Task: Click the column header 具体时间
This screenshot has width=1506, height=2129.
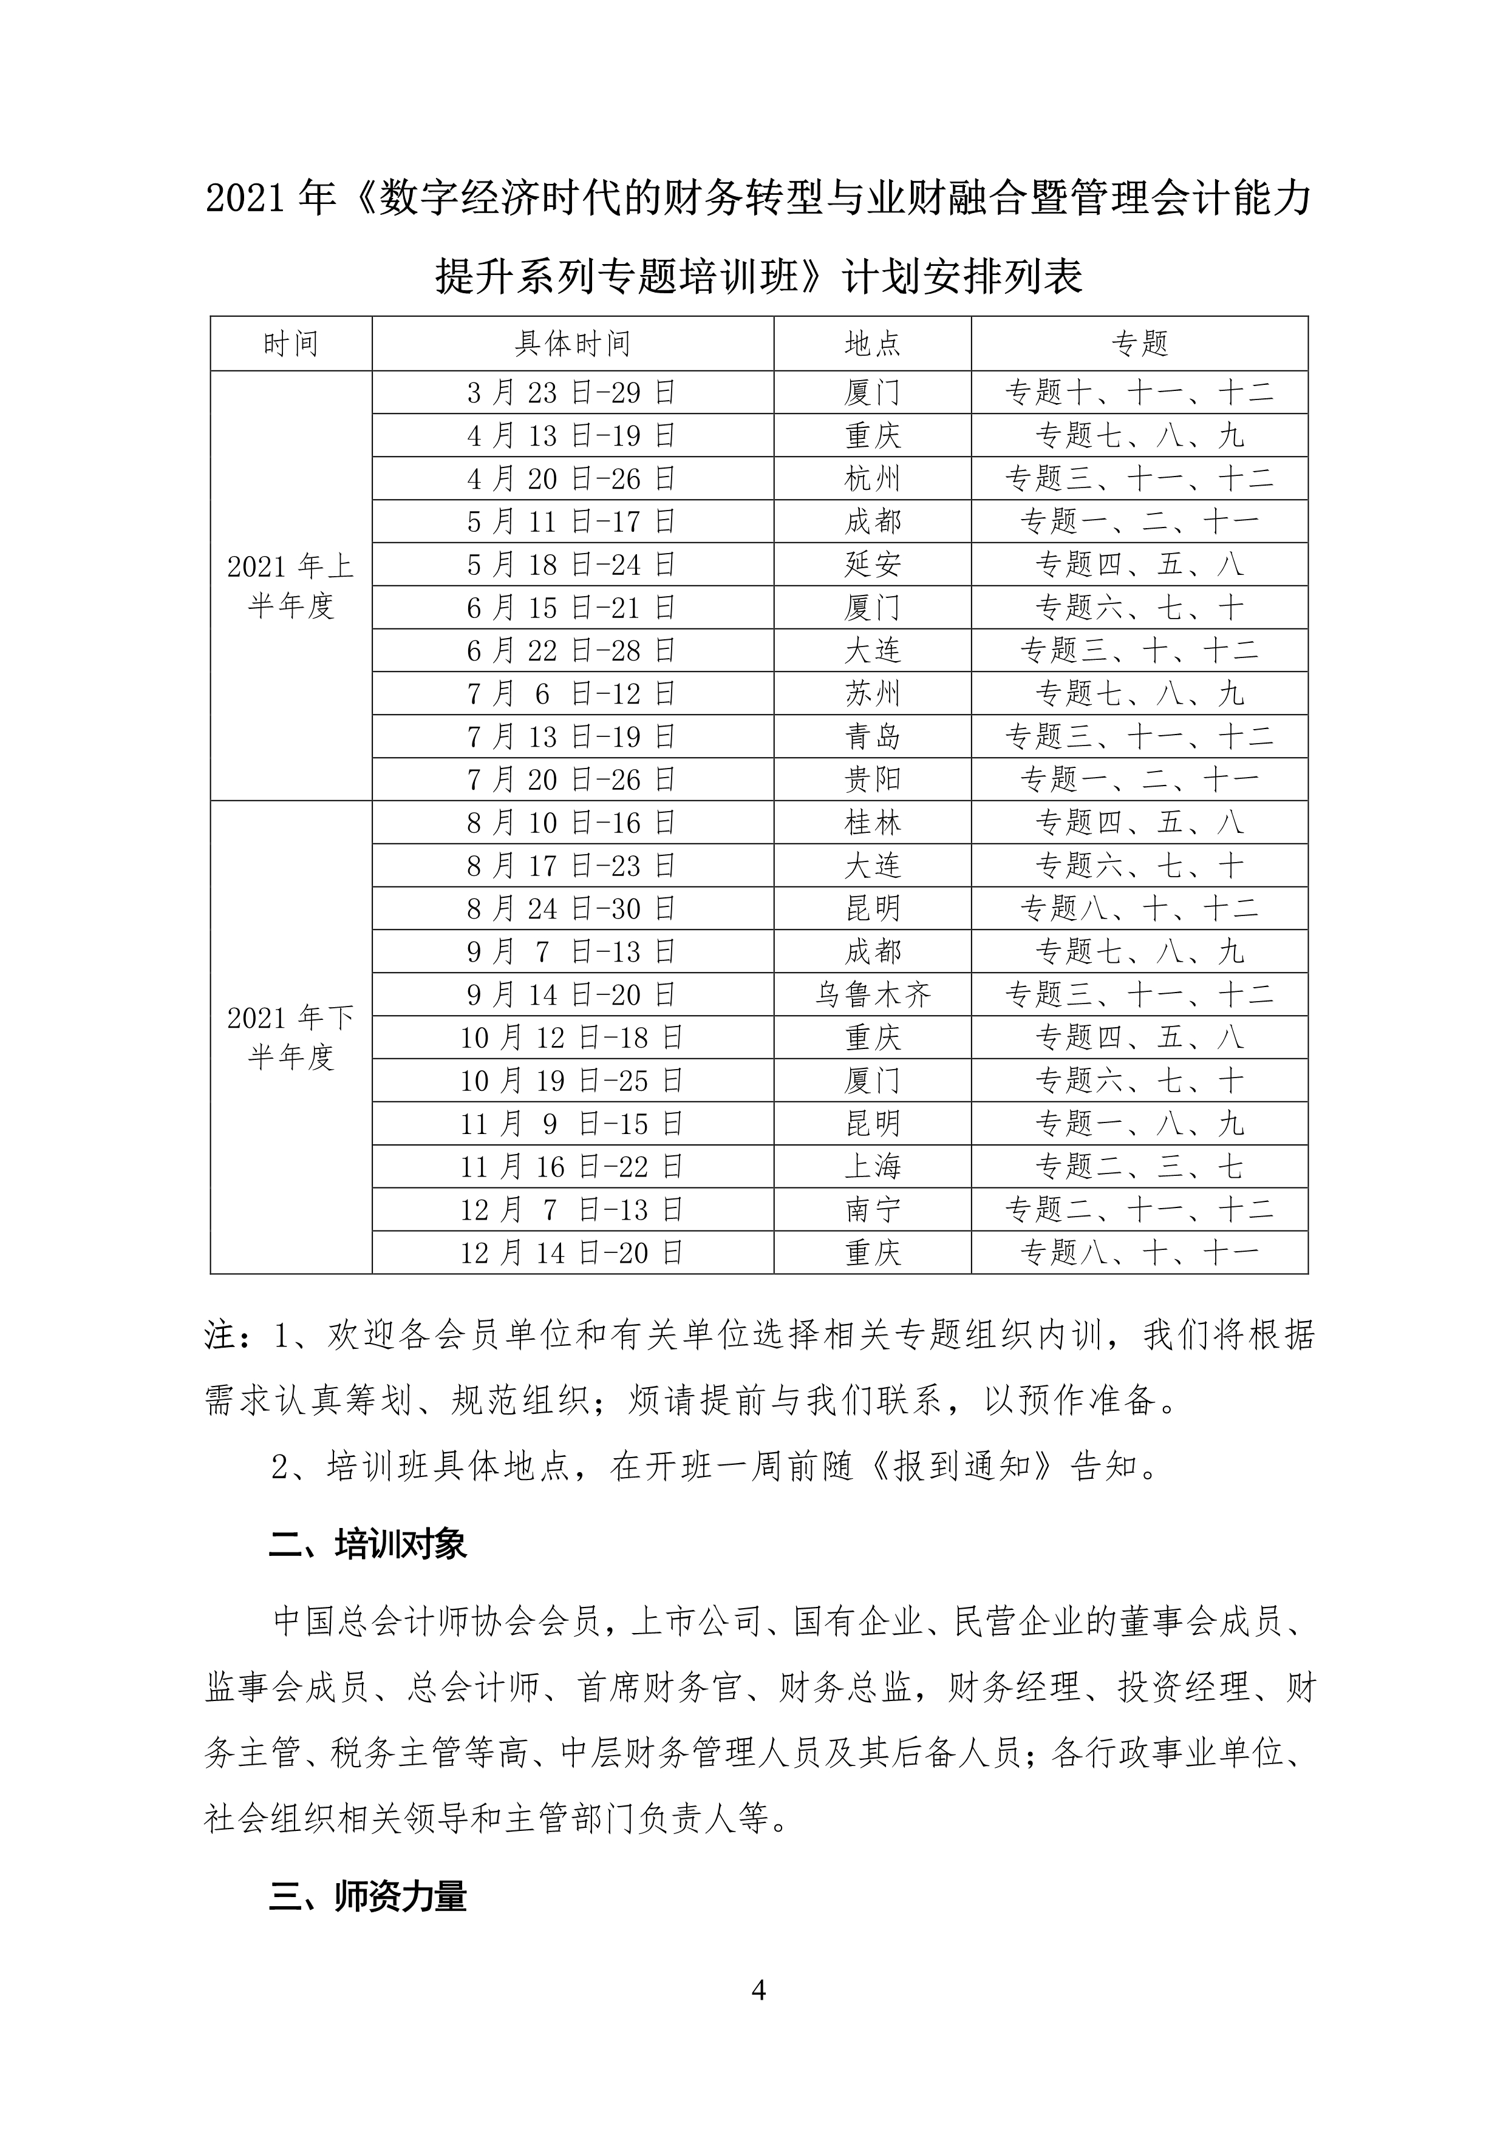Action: (572, 344)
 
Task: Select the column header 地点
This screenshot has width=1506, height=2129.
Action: (871, 344)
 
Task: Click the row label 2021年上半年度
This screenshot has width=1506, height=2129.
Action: (290, 585)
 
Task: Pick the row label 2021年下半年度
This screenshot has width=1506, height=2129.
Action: (290, 1037)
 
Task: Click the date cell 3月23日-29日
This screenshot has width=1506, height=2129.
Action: (572, 393)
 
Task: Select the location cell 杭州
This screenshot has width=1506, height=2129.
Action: (871, 478)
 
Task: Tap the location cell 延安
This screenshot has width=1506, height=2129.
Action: (871, 565)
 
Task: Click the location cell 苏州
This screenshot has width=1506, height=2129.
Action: (871, 694)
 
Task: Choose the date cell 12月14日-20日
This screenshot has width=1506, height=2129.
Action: (572, 1253)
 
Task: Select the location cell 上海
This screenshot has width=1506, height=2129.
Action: (871, 1167)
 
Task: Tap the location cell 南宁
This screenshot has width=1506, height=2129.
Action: (871, 1210)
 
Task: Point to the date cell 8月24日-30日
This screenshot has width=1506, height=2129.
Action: (572, 909)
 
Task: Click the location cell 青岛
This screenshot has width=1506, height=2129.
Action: (871, 737)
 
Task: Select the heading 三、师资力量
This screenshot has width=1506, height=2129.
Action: (367, 1897)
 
